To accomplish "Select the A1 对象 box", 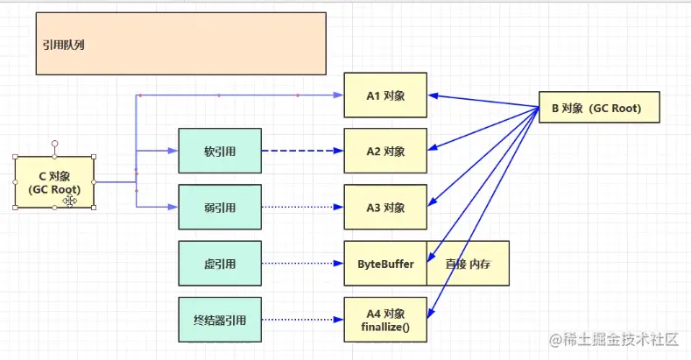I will tap(384, 95).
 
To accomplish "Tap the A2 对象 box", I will tap(384, 152).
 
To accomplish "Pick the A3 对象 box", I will tap(384, 208).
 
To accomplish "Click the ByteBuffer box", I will tap(384, 263).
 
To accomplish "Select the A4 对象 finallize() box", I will tap(384, 318).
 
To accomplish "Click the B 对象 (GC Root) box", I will tap(596, 109).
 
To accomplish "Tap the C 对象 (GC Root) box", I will tap(54, 182).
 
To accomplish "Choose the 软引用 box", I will tap(219, 152).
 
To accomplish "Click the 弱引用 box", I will tap(219, 208).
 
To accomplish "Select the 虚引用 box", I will tap(219, 263).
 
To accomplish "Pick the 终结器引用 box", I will tap(219, 318).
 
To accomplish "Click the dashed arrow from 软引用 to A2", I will tap(302, 152).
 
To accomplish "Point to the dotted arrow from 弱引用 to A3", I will tap(302, 208).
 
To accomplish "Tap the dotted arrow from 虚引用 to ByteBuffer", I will tap(302, 263).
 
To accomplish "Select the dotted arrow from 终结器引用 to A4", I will tap(302, 318).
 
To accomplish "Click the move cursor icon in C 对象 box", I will tap(69, 201).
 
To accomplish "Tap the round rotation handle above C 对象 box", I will tap(54, 141).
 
